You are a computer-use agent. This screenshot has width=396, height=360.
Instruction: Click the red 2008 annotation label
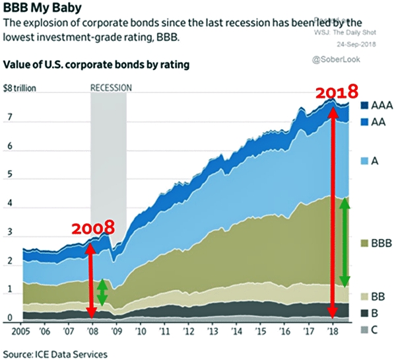pos(92,229)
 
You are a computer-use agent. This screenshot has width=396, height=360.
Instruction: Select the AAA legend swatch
pos(366,105)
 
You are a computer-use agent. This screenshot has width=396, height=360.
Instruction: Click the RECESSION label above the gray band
pos(111,87)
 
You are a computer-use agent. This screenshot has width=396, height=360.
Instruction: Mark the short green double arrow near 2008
pos(102,293)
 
